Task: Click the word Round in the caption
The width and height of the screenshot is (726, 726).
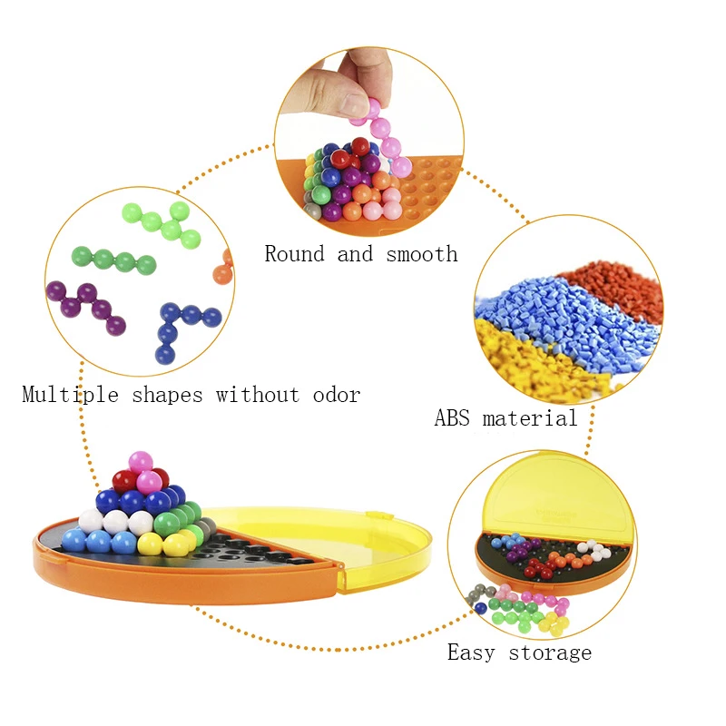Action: pos(294,254)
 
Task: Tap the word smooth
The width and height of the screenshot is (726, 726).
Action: pos(422,254)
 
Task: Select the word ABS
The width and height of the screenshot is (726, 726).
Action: pos(452,417)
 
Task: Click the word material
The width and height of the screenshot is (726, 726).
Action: pos(530,417)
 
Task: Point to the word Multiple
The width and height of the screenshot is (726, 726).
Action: pos(71,395)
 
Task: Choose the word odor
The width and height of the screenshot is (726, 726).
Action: pos(337,395)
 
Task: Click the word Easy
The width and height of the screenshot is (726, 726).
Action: pos(471,652)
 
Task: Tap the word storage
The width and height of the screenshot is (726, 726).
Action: pos(550,653)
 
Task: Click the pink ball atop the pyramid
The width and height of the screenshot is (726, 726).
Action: pos(141,463)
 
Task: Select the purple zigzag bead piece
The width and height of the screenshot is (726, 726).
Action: pos(86,308)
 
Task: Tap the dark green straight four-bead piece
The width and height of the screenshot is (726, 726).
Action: pos(114,260)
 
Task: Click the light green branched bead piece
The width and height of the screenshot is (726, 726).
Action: pos(163,223)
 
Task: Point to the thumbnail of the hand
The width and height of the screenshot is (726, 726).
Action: pos(344,84)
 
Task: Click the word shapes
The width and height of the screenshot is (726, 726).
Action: pos(167,396)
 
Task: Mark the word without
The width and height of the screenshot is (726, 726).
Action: pos(258,395)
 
